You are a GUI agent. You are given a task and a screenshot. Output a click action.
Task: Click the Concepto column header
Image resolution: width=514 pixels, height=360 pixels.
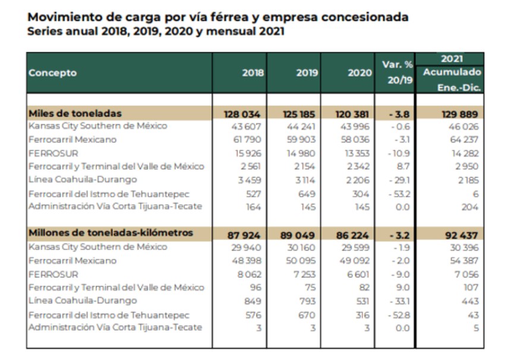pos(53,73)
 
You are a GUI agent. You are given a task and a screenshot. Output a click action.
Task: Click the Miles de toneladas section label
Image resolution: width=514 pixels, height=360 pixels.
pos(75,113)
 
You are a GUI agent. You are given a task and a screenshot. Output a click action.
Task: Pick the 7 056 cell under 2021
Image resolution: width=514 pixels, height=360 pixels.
pos(467,274)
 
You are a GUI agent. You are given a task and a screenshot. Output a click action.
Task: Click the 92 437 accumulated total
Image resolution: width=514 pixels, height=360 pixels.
pos(462,235)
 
